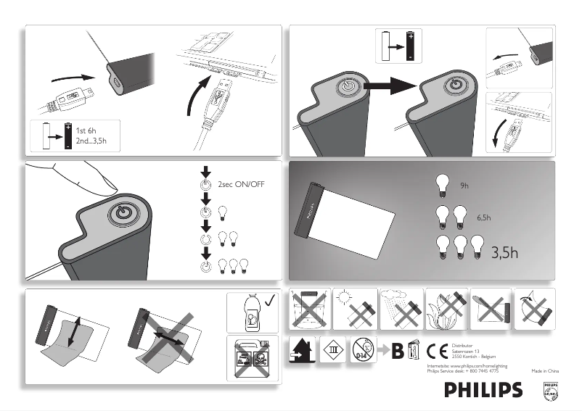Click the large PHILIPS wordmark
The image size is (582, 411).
[483, 390]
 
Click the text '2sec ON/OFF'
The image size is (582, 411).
[242, 185]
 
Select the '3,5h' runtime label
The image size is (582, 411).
[505, 252]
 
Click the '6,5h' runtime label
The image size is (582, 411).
[484, 217]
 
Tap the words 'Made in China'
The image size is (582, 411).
[545, 370]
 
